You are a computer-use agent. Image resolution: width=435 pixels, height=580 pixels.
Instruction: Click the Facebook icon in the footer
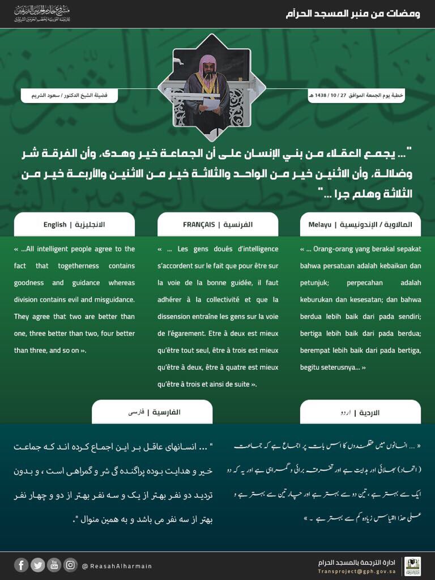pos(21,565)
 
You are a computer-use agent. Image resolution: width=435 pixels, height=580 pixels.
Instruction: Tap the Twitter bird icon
pos(37,565)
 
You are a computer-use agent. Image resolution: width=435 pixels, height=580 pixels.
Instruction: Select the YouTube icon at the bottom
pos(54,565)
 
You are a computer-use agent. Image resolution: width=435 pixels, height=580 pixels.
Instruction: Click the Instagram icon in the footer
pos(70,565)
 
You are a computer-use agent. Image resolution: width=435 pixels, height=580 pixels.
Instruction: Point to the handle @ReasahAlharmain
pos(117,566)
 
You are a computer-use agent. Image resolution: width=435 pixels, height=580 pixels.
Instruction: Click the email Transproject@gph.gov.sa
pos(361,571)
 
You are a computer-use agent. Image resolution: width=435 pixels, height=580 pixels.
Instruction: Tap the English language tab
pos(74,225)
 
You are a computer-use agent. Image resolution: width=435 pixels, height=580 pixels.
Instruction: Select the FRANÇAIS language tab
pos(218,225)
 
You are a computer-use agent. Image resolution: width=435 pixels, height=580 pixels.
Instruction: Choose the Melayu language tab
pos(360,225)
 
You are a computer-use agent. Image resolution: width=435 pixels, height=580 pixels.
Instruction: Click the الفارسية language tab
pos(152,412)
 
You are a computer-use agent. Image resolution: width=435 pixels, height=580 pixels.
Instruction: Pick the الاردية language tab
pos(360,412)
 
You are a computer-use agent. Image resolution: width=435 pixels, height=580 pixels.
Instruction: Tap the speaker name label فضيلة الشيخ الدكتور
pos(69,95)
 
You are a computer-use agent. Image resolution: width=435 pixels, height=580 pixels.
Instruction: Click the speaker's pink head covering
pos(209,61)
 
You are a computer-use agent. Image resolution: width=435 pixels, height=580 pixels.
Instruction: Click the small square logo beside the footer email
pos(412,566)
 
